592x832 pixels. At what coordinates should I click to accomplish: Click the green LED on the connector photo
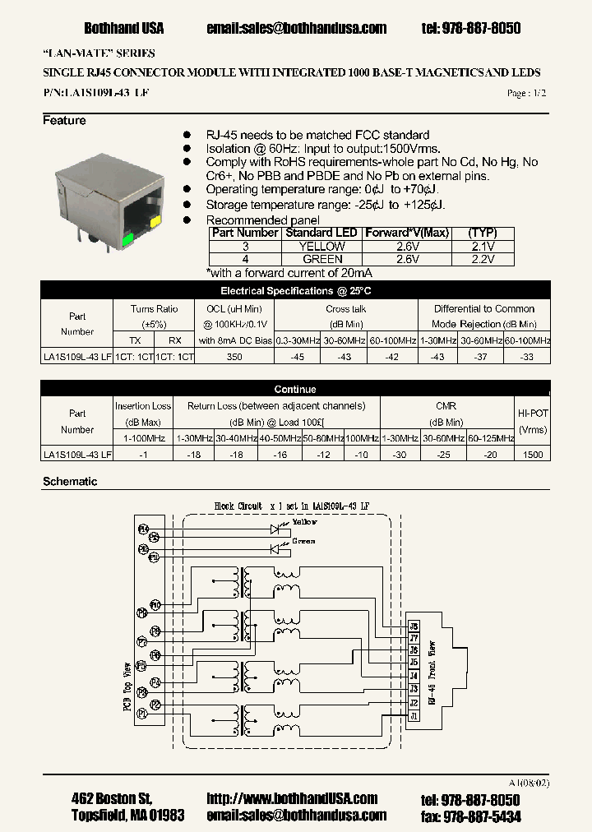click(127, 241)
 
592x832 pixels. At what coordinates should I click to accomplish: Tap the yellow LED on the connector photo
click(156, 222)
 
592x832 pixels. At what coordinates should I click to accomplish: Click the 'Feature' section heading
click(64, 121)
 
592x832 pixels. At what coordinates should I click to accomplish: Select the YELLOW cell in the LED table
click(321, 246)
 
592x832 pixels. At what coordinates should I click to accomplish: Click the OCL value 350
click(234, 356)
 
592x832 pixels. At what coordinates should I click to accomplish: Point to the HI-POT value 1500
click(533, 454)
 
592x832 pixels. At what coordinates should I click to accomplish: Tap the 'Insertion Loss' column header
click(143, 406)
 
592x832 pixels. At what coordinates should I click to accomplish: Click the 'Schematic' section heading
click(70, 482)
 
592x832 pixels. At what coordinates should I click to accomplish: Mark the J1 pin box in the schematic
click(414, 716)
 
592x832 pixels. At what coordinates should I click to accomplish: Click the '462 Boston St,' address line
click(112, 799)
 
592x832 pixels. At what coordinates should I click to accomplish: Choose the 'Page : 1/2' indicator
click(526, 94)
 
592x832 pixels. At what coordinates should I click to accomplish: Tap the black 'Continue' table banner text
click(295, 389)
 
